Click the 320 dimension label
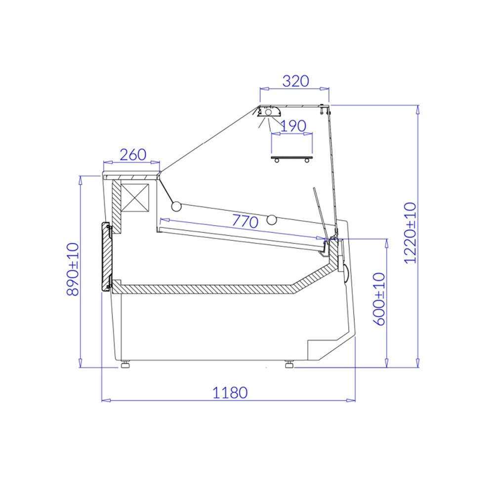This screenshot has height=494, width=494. tap(295, 81)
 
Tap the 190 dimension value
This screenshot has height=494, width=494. tap(293, 126)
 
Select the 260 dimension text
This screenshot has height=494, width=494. tap(133, 155)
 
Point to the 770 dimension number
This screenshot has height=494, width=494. tap(245, 221)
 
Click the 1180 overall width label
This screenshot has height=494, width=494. tap(230, 393)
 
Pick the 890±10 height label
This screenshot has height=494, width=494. tap(73, 269)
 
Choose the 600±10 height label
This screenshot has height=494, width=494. tap(379, 299)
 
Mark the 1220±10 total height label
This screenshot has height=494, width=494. tap(410, 233)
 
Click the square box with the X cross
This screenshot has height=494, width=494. tap(135, 198)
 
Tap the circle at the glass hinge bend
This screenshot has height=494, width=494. tap(176, 206)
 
